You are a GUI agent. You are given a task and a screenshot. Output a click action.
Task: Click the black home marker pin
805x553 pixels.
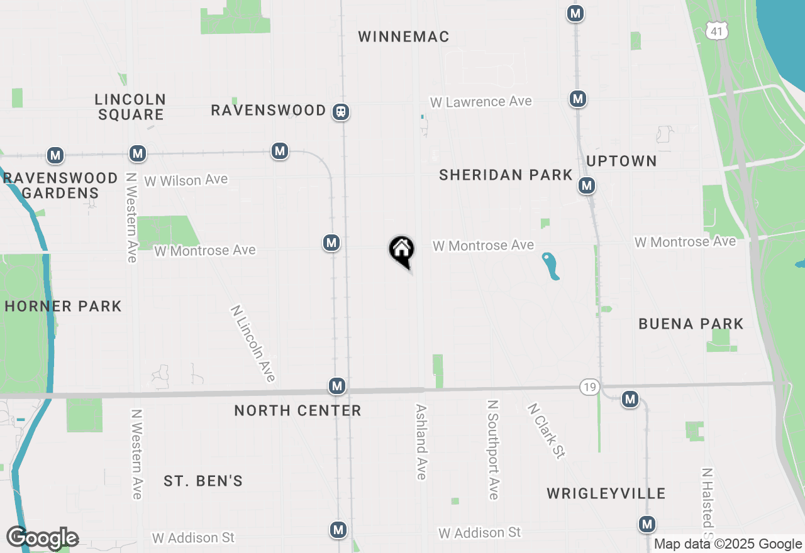point(401,250)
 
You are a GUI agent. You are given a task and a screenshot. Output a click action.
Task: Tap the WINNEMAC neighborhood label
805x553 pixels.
point(404,37)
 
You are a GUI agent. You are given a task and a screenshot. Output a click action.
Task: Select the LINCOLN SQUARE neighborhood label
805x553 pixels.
point(130,107)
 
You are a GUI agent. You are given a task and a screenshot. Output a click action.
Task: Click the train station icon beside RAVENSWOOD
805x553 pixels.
point(341,112)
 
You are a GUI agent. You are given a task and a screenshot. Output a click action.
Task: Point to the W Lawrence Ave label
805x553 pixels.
point(480,102)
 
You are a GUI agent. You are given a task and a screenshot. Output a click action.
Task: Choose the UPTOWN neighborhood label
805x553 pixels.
point(621,162)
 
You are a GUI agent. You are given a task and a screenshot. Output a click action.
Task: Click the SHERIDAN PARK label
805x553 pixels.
point(506,175)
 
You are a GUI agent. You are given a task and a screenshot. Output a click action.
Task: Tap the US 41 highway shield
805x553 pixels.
point(717,30)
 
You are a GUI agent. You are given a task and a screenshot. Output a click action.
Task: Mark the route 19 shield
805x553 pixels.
point(589,387)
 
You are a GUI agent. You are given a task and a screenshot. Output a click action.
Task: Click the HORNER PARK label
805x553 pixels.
point(63,307)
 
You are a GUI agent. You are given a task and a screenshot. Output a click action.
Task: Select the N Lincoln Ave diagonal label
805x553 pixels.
point(253,344)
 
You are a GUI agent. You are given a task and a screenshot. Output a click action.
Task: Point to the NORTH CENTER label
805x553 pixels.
point(297,411)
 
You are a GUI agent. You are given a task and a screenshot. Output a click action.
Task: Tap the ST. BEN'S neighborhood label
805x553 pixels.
point(203,481)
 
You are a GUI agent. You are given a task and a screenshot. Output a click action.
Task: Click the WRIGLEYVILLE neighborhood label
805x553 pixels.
point(606,493)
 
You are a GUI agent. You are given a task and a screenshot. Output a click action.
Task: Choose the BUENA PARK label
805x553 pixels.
point(691,324)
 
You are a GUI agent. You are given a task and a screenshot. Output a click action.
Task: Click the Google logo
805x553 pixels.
point(42,538)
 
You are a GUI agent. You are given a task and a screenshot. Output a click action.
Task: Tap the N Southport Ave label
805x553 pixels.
point(494,449)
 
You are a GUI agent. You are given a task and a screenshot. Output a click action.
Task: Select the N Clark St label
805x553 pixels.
point(545,431)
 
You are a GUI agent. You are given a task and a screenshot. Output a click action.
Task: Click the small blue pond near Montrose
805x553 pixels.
point(551,266)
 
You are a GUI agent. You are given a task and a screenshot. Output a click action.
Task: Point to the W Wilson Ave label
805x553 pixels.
point(186,180)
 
